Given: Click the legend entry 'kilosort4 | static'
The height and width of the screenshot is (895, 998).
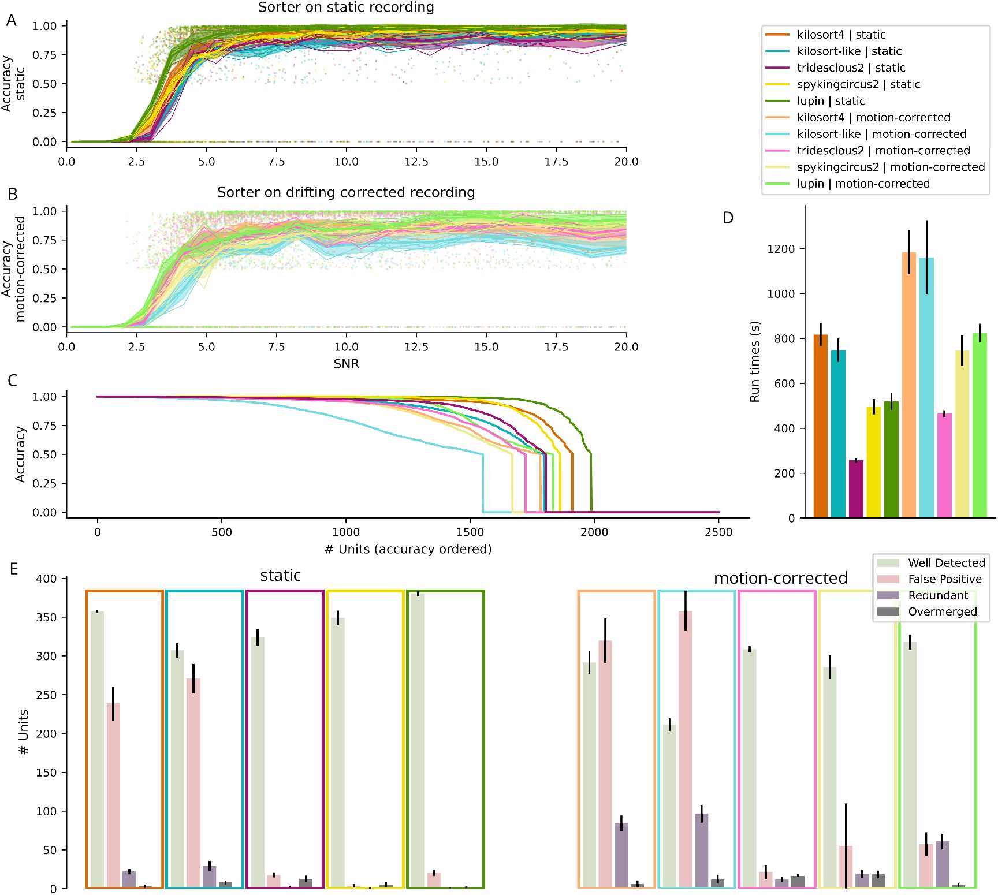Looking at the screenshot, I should tap(841, 35).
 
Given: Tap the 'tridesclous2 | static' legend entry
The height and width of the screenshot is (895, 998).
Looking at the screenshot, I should tap(851, 68).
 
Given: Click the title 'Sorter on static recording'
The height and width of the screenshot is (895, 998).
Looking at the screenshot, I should tap(346, 8).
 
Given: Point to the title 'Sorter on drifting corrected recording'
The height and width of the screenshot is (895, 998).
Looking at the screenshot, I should tap(346, 192).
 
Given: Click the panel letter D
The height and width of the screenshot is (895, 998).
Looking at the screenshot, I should tap(728, 218).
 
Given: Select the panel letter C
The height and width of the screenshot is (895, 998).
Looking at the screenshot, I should tap(13, 381).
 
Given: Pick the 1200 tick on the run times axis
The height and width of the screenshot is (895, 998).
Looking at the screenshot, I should tap(781, 249).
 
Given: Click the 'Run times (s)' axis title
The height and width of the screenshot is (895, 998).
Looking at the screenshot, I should tap(754, 361).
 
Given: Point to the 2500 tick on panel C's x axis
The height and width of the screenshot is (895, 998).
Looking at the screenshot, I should tap(718, 532).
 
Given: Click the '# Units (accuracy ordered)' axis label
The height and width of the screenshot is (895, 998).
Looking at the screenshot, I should tap(408, 549).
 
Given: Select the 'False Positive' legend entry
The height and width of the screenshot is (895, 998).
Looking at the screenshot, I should tap(944, 579).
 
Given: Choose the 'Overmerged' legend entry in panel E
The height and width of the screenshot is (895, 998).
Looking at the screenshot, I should tap(942, 611).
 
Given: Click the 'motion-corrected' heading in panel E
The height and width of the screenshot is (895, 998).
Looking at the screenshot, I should tap(780, 578).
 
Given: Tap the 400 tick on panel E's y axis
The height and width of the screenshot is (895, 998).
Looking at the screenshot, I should tap(46, 579).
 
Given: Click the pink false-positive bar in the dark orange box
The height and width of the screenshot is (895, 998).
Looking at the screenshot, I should tap(113, 795).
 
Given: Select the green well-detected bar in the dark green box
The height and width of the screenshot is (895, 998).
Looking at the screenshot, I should tap(418, 740).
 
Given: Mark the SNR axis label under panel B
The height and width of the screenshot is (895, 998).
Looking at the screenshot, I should tap(346, 364).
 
